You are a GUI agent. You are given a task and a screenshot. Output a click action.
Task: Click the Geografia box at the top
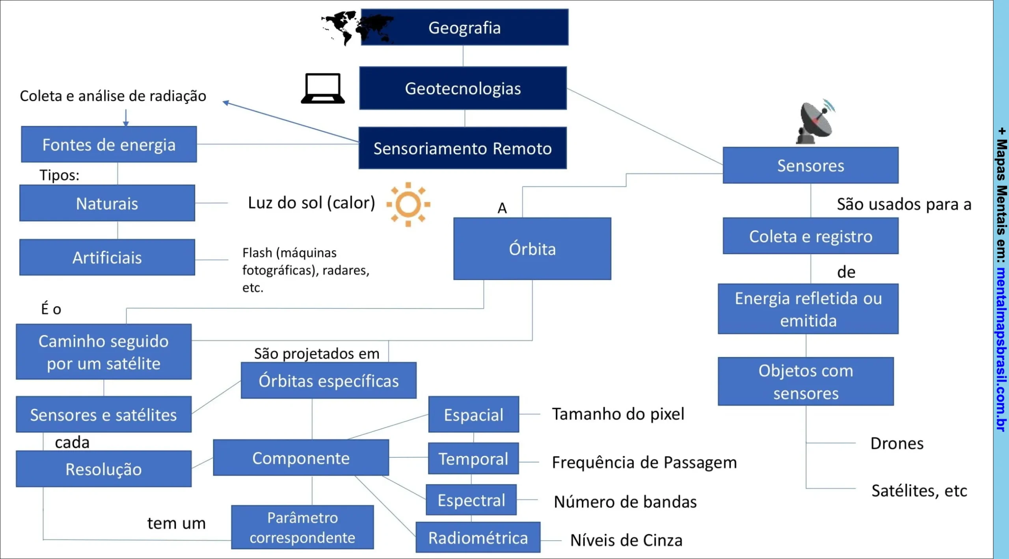(x=464, y=28)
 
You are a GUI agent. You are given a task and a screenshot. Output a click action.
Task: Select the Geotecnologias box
(x=463, y=88)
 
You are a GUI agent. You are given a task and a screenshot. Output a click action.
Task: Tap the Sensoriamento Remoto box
(x=462, y=148)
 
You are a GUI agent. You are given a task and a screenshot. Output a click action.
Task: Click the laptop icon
(x=323, y=88)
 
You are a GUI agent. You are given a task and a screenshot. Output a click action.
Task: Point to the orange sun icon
(x=408, y=204)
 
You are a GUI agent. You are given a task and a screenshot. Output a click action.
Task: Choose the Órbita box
(x=532, y=249)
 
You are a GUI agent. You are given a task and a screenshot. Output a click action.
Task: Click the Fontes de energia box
(x=109, y=144)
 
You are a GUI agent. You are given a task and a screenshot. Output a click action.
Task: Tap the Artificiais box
(x=107, y=257)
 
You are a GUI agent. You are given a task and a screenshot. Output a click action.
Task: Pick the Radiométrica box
(x=478, y=538)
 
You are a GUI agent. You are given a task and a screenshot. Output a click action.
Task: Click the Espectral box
(x=471, y=500)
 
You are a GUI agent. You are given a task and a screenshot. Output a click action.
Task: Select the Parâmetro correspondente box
(x=302, y=527)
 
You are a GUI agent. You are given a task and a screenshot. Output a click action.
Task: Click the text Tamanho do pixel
(x=618, y=414)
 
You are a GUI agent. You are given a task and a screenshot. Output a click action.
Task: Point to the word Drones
(x=897, y=443)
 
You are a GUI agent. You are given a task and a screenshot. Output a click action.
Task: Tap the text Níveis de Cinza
(x=626, y=540)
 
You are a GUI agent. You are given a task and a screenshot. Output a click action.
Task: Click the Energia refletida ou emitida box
(x=808, y=309)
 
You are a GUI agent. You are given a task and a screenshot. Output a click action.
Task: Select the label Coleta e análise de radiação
(x=113, y=96)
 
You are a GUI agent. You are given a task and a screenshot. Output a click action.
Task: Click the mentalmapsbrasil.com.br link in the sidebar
(x=1001, y=349)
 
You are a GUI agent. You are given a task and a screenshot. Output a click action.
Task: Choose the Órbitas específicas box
(x=328, y=381)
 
